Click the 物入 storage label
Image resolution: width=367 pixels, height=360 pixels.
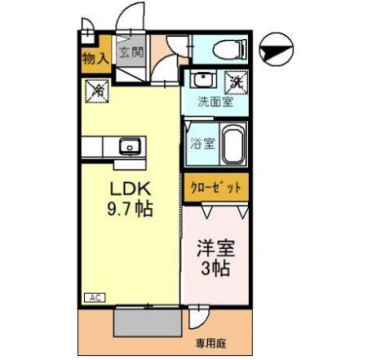click(93, 58)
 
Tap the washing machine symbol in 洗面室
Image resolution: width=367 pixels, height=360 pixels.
click(236, 81)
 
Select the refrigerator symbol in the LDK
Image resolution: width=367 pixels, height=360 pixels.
click(98, 91)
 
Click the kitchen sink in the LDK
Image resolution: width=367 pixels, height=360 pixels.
click(127, 148)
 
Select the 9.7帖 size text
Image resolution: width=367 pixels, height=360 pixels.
click(129, 210)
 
